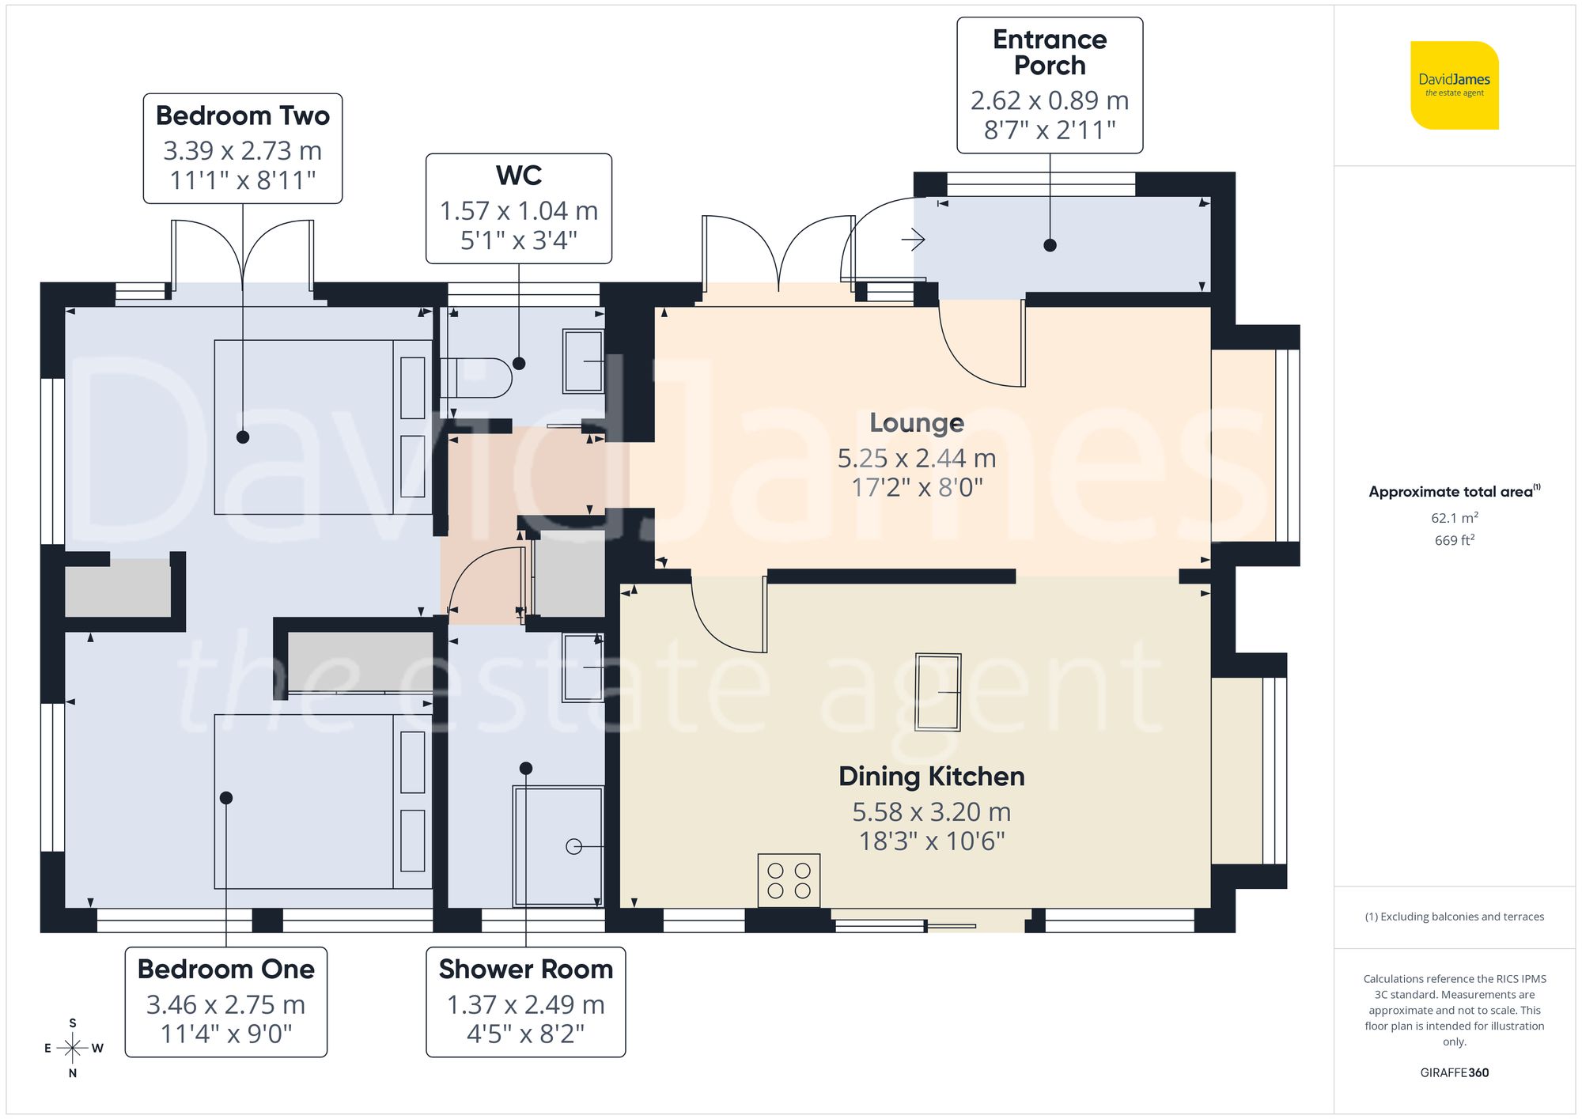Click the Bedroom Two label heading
pyautogui.click(x=242, y=115)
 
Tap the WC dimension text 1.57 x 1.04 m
pyautogui.click(x=518, y=211)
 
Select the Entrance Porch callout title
pyautogui.click(x=1049, y=52)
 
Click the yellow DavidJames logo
pyautogui.click(x=1454, y=85)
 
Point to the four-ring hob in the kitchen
pyautogui.click(x=789, y=880)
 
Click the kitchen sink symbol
pyautogui.click(x=937, y=692)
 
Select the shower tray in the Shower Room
pyautogui.click(x=558, y=845)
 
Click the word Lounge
pyautogui.click(x=916, y=423)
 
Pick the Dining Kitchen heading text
pyautogui.click(x=931, y=777)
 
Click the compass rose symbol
pyautogui.click(x=73, y=1049)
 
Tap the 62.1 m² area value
pyautogui.click(x=1454, y=518)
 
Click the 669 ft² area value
pyautogui.click(x=1454, y=540)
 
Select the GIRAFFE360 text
pyautogui.click(x=1454, y=1072)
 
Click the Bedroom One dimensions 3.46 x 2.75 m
pyautogui.click(x=225, y=1004)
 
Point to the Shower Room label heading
pyautogui.click(x=525, y=969)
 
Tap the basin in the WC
pyautogui.click(x=583, y=361)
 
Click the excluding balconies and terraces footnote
pyautogui.click(x=1454, y=917)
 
